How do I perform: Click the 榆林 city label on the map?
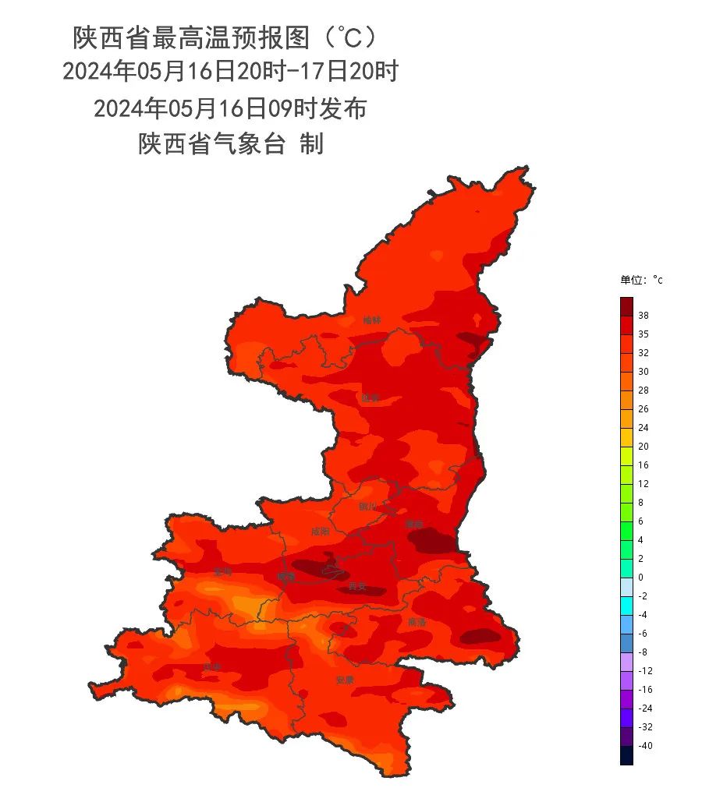tap(372, 320)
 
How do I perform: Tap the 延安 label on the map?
tap(370, 397)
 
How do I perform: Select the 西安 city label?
tap(357, 586)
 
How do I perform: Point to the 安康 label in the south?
tap(345, 680)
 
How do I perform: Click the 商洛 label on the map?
tap(417, 622)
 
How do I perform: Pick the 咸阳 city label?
tap(320, 532)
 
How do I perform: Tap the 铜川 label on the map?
tap(367, 507)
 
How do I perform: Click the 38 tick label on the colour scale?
tap(643, 316)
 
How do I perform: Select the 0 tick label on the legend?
tap(640, 578)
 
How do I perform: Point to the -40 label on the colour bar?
tap(645, 746)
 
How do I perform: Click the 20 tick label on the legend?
tap(643, 447)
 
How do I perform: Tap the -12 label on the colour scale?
tap(645, 671)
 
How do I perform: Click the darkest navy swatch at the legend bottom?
tap(626, 755)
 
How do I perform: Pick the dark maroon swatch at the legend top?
tap(626, 306)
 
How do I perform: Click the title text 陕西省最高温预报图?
tap(195, 37)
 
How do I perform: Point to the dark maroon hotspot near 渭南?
tap(433, 540)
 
